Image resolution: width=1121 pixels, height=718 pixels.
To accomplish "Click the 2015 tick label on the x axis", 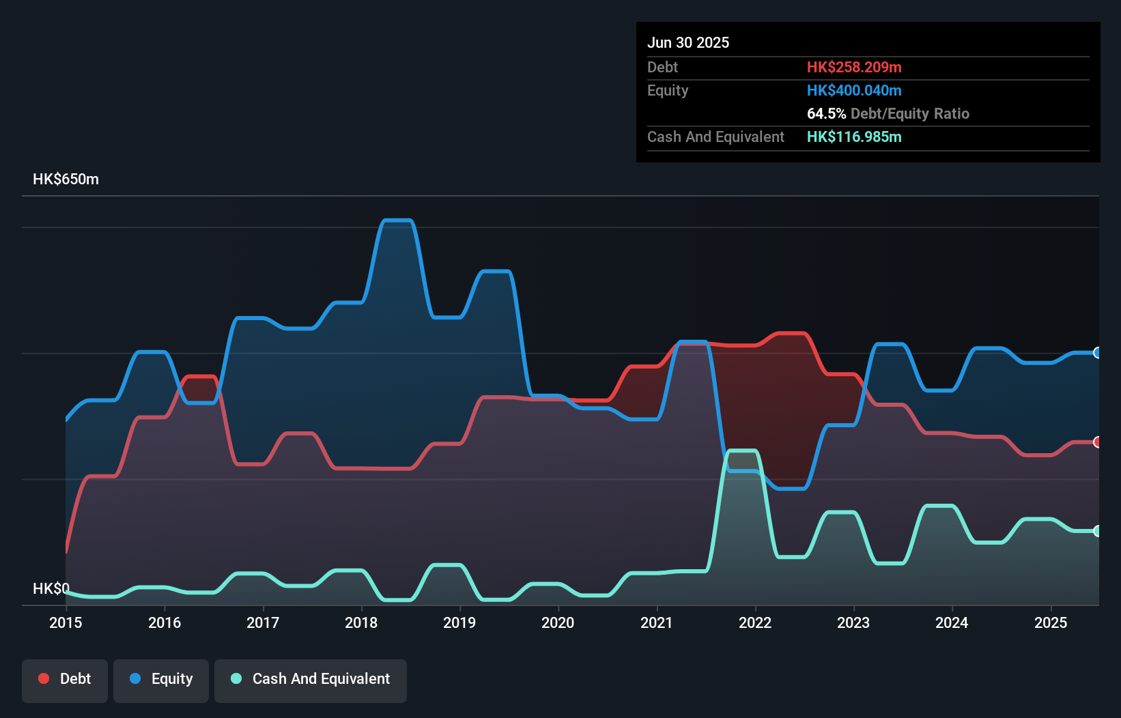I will pos(66,622).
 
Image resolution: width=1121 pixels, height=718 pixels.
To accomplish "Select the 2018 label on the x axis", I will pos(361,622).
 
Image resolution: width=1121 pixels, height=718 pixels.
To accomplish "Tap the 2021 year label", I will pos(656,622).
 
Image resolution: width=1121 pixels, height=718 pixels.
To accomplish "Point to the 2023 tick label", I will pos(853,622).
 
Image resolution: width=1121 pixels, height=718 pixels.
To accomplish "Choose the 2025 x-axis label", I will pos(1050,622).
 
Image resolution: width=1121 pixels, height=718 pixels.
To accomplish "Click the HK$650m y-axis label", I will pos(66,179).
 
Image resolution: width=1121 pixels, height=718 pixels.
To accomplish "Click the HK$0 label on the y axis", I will pos(51,588).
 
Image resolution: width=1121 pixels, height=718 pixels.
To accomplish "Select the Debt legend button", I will pos(65,679).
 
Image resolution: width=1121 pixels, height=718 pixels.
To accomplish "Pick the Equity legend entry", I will pos(161,679).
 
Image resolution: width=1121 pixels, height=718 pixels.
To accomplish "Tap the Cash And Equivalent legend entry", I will pos(311,679).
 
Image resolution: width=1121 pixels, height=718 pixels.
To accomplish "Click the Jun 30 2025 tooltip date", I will pos(688,42).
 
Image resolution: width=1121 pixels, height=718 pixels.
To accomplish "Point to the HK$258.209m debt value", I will pos(854,67).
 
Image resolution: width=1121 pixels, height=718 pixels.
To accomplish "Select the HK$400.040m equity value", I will pos(854,90).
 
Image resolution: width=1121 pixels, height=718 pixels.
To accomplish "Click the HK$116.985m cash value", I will pos(854,137).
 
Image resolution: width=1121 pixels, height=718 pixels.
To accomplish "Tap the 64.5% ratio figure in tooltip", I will pos(826,113).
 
